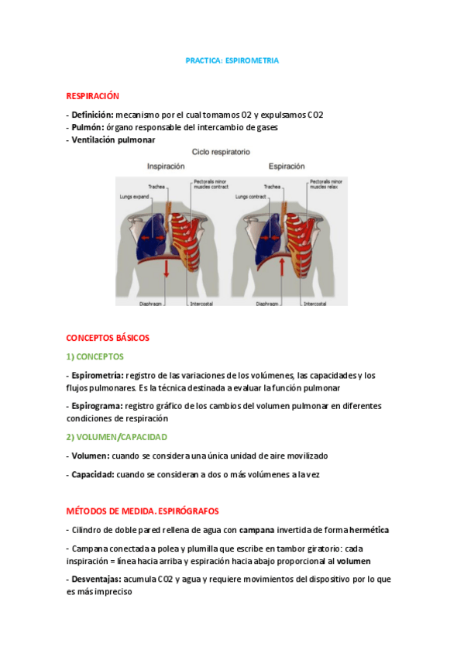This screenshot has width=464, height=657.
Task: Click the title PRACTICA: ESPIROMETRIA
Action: tap(232, 60)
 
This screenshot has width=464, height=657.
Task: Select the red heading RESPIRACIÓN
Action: tap(93, 96)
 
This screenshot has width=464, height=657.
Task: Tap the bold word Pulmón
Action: tap(88, 127)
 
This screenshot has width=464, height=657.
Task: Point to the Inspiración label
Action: tap(166, 166)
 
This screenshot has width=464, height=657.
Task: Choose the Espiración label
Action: tap(287, 166)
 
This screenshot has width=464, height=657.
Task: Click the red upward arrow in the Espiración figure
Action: tap(283, 267)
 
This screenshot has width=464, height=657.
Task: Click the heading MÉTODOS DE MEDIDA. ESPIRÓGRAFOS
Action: tap(143, 511)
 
